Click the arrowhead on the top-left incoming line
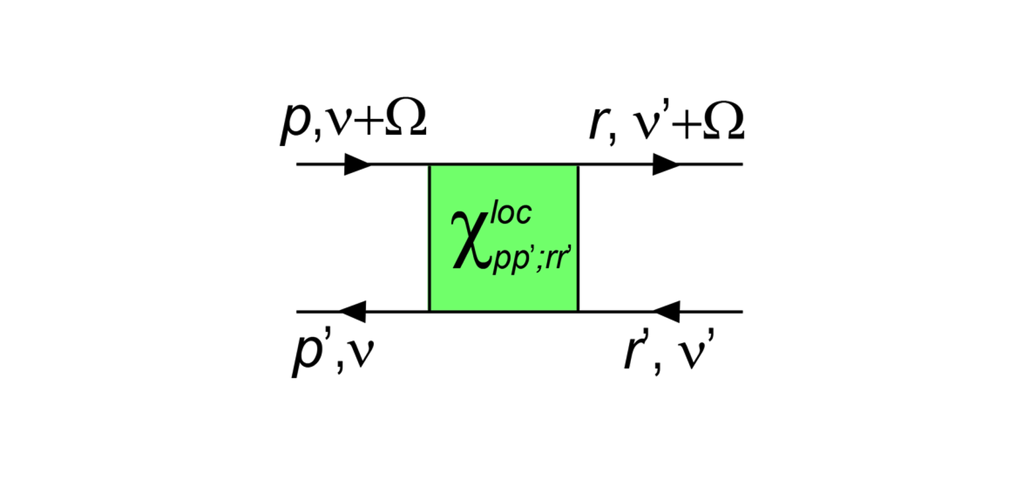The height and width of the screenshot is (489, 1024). [x=357, y=164]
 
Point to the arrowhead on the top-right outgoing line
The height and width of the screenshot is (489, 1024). [x=666, y=164]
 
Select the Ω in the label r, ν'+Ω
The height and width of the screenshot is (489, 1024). [x=723, y=123]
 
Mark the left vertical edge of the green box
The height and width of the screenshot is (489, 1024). [x=430, y=237]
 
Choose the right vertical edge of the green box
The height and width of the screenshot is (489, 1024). [x=578, y=237]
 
